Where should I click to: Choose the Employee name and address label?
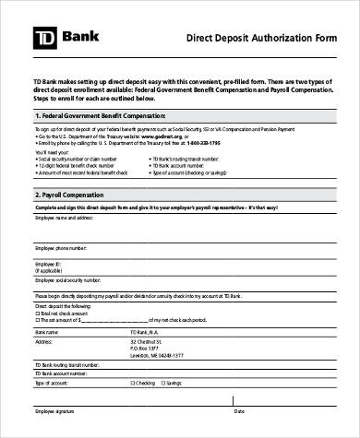pyautogui.click(x=66, y=218)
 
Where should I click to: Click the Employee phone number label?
pyautogui.click(x=61, y=248)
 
